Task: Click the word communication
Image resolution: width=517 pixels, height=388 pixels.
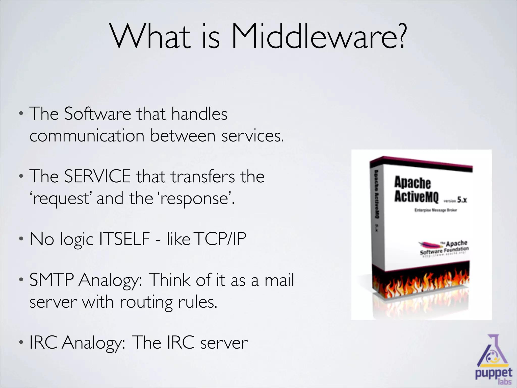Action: [x=87, y=136]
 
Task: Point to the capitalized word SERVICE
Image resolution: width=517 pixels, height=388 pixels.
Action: [x=97, y=176]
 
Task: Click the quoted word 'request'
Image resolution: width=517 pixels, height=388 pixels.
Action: [x=60, y=199]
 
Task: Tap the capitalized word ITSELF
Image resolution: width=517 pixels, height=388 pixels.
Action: [x=124, y=239]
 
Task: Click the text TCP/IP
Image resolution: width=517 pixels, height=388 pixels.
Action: [x=221, y=239]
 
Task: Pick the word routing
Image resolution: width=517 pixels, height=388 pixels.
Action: [x=146, y=302]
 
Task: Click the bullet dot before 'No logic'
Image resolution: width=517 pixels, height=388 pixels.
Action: [x=21, y=239]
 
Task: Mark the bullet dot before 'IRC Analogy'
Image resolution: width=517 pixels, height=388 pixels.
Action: [x=21, y=343]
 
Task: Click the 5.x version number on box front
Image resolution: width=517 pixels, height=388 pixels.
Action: [x=462, y=200]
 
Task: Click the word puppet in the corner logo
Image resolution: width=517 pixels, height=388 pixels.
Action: [x=494, y=373]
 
